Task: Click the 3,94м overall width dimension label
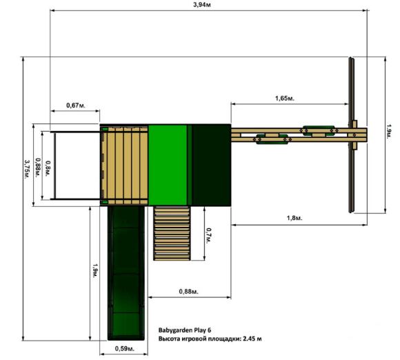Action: coord(202,5)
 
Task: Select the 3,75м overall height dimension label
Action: coord(27,170)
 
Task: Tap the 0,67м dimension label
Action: coord(76,105)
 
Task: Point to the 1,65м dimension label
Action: coord(285,98)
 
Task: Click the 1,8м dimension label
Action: coord(294,218)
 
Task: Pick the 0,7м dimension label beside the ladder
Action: coord(208,235)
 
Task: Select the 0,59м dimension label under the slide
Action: coord(125,348)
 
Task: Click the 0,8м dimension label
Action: coord(48,168)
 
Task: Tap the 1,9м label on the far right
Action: coord(389,132)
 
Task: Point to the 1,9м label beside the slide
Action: coord(95,271)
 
